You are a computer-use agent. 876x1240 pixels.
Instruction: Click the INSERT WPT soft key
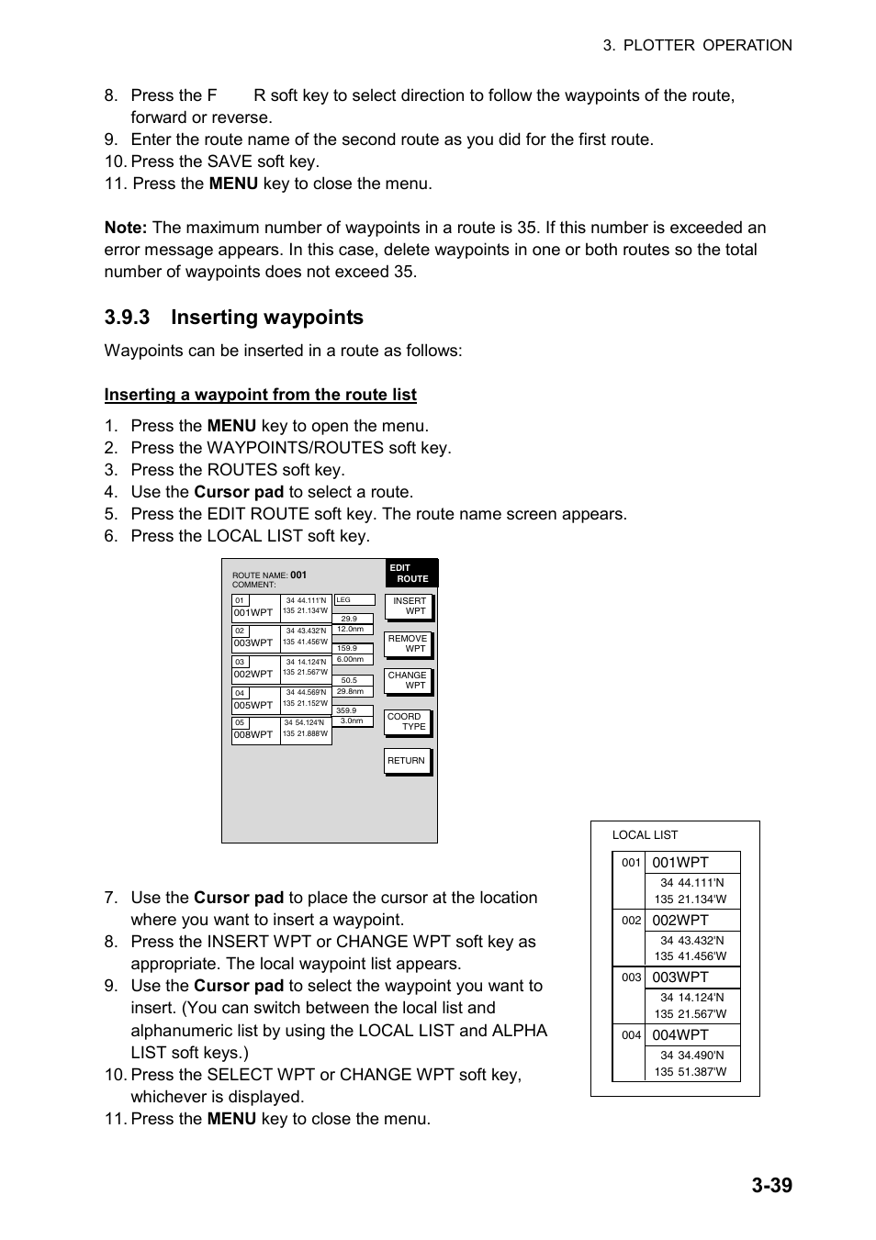point(408,606)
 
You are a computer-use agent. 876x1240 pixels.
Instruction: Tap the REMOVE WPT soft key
point(408,643)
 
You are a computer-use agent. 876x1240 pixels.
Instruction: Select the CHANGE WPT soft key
point(408,680)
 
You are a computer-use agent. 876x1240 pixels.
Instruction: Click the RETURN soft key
point(407,761)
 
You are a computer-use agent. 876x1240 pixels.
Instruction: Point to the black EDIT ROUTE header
point(410,573)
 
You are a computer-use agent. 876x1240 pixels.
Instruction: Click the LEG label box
point(354,600)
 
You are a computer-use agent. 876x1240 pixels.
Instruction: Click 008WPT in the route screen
point(253,735)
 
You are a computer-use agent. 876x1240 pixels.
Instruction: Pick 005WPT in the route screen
point(253,706)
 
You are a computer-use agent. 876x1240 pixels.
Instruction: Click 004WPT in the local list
point(680,1035)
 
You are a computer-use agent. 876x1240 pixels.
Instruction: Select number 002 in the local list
point(631,920)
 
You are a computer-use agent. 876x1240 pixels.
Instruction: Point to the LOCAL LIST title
point(645,835)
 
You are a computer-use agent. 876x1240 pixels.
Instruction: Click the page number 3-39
point(770,1185)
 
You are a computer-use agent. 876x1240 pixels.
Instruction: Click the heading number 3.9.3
point(127,318)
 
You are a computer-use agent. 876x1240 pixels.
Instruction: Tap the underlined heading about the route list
point(260,395)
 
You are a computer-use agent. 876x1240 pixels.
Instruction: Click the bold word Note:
point(125,228)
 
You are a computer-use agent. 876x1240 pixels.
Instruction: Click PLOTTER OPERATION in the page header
point(707,45)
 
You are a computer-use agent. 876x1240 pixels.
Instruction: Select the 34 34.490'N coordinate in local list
point(691,1056)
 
